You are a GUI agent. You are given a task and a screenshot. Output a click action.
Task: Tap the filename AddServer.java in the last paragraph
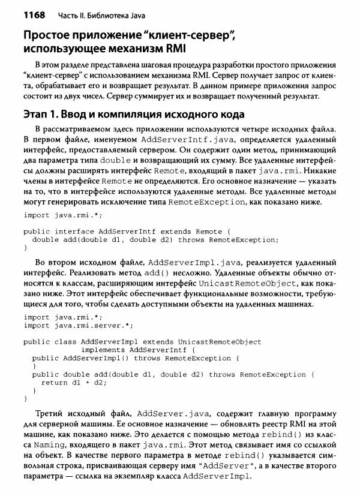(167, 414)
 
